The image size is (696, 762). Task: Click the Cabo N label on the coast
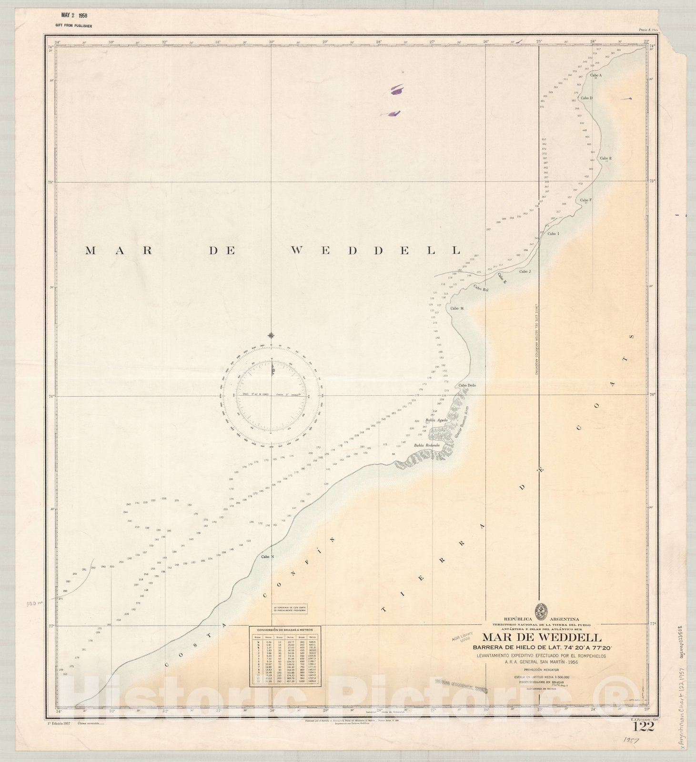coord(267,556)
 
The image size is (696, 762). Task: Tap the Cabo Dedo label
coord(467,385)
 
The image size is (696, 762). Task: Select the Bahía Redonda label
coord(426,445)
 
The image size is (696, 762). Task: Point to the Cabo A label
coord(596,75)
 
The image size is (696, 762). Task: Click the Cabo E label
coord(605,158)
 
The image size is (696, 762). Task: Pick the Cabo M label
coord(457,308)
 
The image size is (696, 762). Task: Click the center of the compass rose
coord(271,395)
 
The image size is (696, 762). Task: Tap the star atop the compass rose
coord(271,335)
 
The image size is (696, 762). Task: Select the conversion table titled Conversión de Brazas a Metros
coord(285,656)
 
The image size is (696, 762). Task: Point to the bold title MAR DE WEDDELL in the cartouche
coord(542,637)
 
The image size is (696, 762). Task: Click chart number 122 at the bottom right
coord(643,727)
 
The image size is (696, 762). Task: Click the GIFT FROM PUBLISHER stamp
coord(74,26)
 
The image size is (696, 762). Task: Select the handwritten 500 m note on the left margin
coord(34,603)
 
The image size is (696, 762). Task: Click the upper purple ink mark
coord(396,89)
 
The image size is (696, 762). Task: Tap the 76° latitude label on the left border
coord(50,395)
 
